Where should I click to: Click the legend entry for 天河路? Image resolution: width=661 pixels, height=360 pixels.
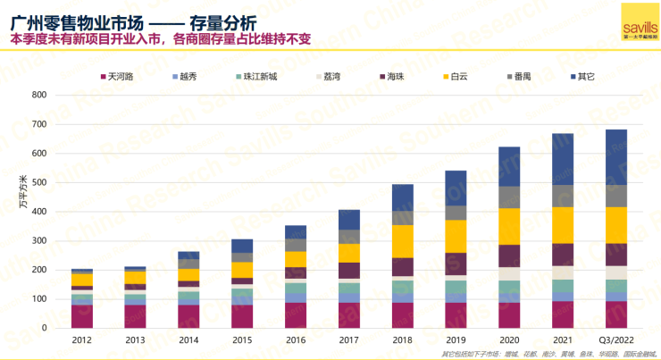tap(115, 77)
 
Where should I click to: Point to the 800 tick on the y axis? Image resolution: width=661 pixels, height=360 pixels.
tap(39, 95)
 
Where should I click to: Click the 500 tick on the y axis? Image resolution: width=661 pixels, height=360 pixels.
tap(39, 183)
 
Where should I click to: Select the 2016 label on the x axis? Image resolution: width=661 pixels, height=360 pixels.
tap(296, 339)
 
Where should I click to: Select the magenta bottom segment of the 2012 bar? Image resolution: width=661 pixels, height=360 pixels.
tap(82, 317)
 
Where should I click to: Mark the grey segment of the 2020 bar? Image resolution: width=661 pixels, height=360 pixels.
tap(510, 197)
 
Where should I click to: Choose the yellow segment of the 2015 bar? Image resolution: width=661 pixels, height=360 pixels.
tap(242, 270)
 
